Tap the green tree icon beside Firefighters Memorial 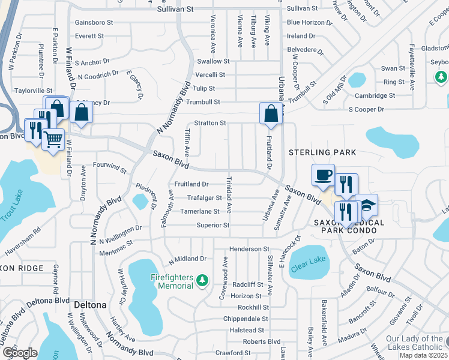[202, 280]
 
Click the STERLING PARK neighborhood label [322, 152]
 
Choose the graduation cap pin [366, 205]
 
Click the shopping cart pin [53, 140]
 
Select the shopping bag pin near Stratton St [271, 112]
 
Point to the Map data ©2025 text [423, 355]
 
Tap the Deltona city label [90, 304]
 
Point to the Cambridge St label [375, 95]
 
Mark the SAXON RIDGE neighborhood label [22, 268]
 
